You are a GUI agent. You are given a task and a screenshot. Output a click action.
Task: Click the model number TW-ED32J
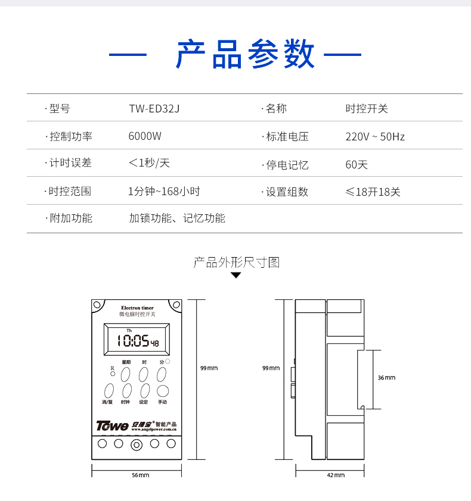coord(154,109)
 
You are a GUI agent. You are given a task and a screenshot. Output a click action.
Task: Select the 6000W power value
coord(145,136)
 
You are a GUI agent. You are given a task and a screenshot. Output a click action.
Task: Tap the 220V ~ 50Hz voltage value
coord(375,136)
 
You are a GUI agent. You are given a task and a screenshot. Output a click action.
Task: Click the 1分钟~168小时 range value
coord(164,192)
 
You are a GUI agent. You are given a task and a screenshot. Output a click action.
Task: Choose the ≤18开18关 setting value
coord(373,192)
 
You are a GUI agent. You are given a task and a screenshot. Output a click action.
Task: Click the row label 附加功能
coord(70,218)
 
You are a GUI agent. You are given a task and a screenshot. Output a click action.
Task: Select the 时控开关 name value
coord(367,109)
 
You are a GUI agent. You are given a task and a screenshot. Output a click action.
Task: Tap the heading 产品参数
coord(245,55)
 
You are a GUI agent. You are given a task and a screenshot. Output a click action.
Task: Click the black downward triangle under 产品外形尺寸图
coord(236,275)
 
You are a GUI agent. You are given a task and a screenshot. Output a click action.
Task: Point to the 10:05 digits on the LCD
coord(132,341)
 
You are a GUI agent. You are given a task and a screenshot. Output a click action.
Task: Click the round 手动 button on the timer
coord(162,391)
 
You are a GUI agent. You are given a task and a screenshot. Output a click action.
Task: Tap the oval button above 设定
coord(144,391)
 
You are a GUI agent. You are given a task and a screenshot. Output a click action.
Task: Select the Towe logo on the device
coord(112,425)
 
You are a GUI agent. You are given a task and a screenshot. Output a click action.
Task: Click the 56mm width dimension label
coord(140,475)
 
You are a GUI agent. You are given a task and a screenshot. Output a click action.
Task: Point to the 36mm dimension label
coord(386,378)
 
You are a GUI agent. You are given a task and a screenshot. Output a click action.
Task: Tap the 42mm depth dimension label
coord(336,475)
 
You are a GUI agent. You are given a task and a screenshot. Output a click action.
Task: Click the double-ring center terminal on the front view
coord(137,444)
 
